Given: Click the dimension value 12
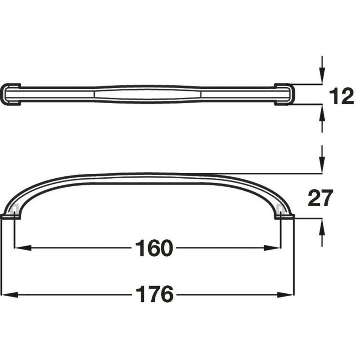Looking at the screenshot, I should click(x=342, y=96).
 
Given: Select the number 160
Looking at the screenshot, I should click(x=153, y=248).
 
